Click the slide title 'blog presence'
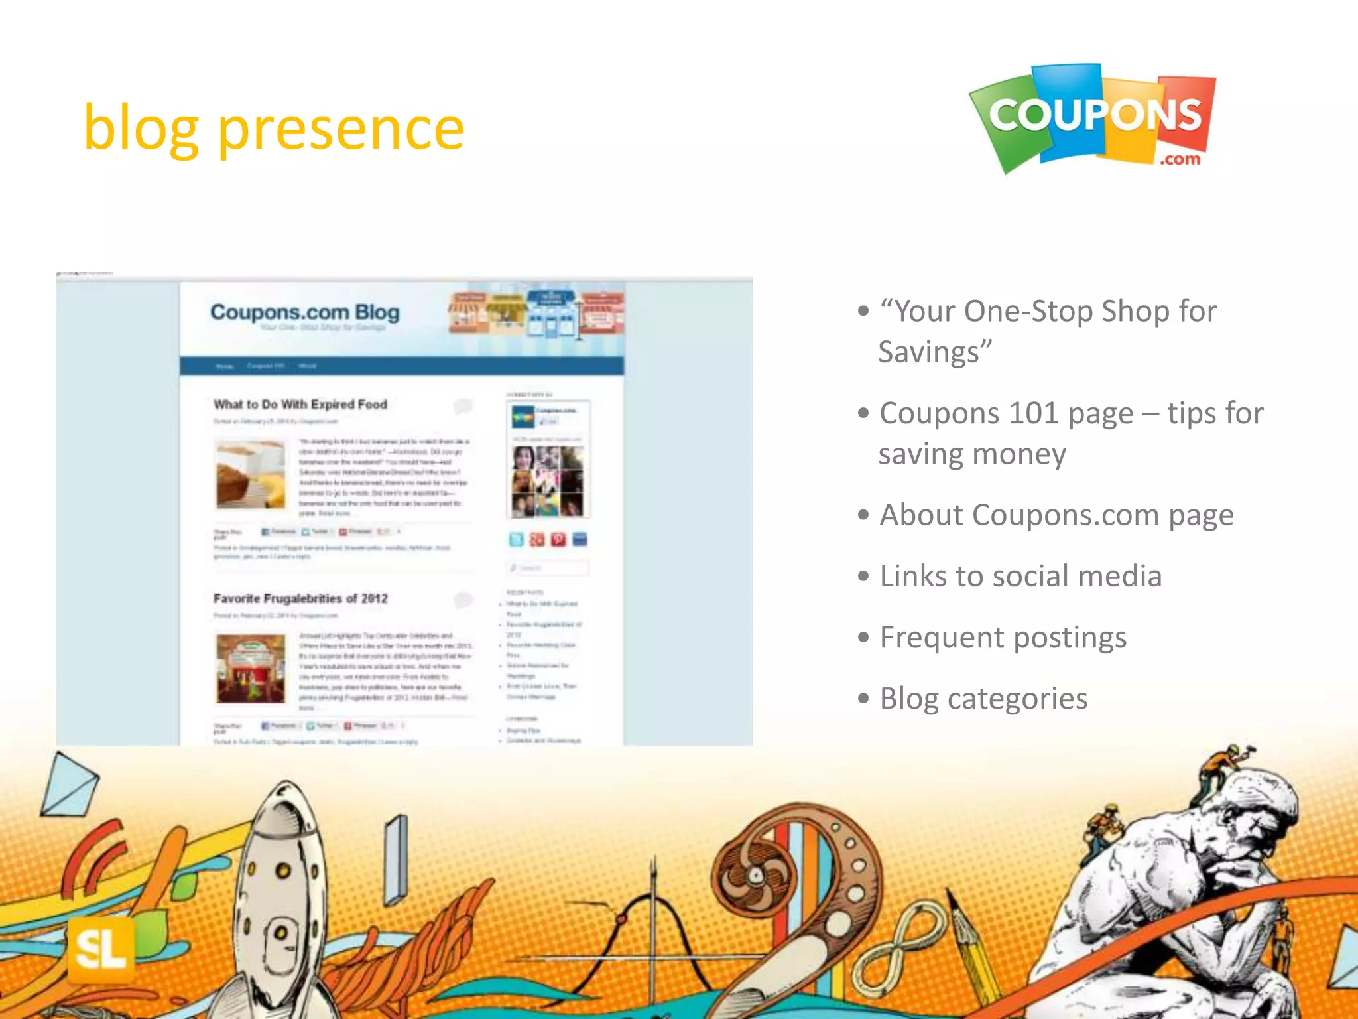pyautogui.click(x=273, y=129)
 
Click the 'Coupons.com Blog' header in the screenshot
pyautogui.click(x=304, y=312)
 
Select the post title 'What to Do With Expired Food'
pyautogui.click(x=300, y=404)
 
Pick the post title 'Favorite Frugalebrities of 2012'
pyautogui.click(x=300, y=598)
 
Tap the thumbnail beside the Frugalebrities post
pyautogui.click(x=251, y=668)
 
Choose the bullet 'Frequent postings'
pyautogui.click(x=1003, y=638)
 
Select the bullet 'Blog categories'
pyautogui.click(x=983, y=699)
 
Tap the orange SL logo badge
pyautogui.click(x=101, y=949)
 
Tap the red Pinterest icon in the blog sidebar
pyautogui.click(x=558, y=540)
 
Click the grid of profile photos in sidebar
pyautogui.click(x=548, y=481)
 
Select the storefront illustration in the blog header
pyautogui.click(x=536, y=314)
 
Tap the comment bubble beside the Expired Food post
pyautogui.click(x=463, y=405)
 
